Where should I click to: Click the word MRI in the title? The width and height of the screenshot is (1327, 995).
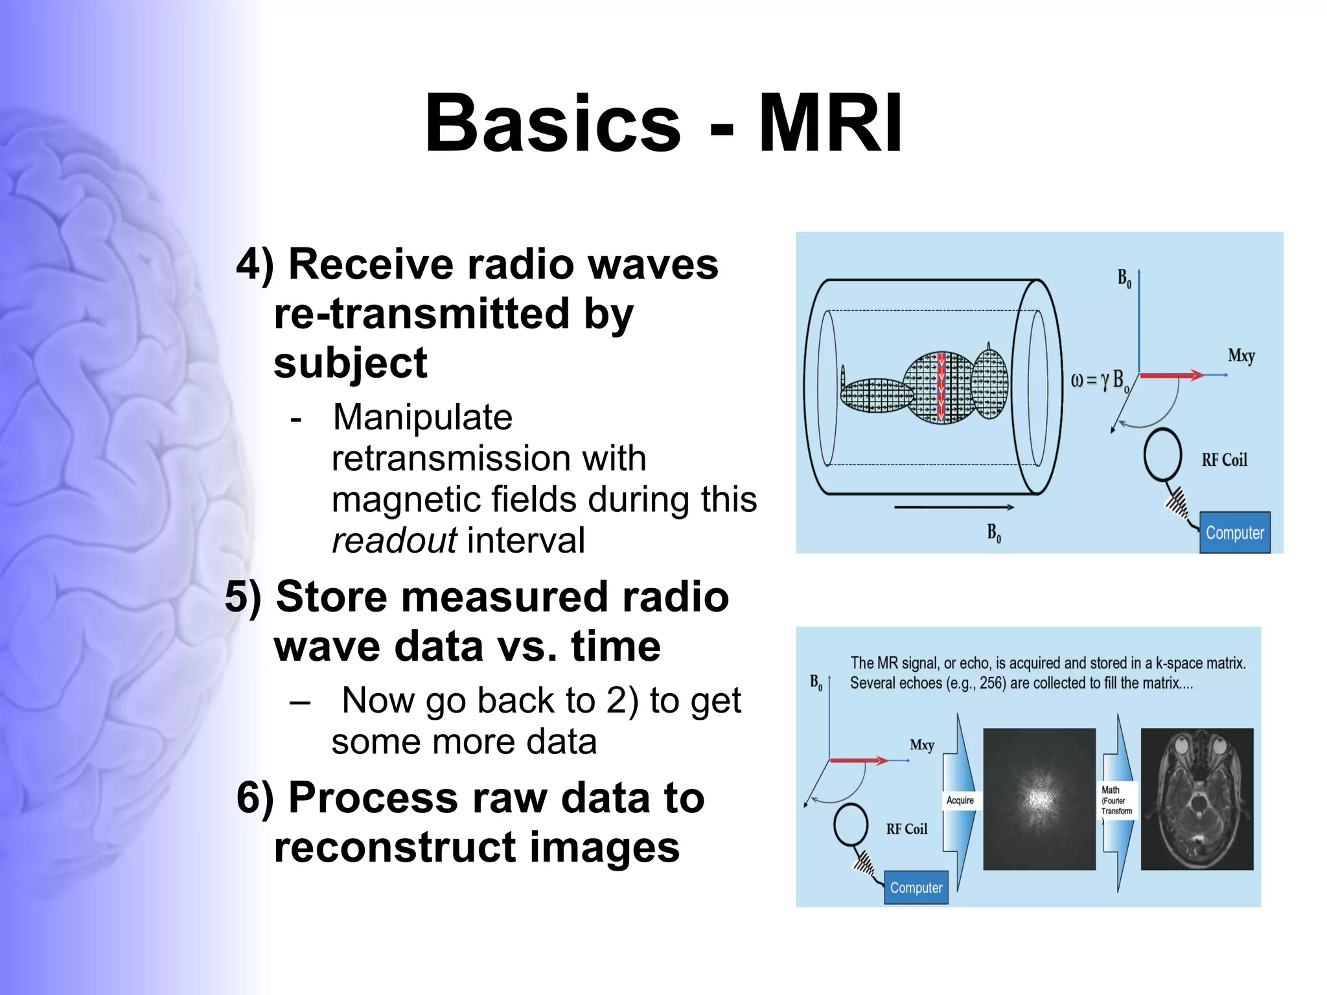click(x=830, y=123)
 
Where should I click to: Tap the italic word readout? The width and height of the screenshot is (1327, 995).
click(x=394, y=540)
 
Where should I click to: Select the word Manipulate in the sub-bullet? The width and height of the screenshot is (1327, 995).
click(x=422, y=417)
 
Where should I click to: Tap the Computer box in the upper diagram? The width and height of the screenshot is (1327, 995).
click(x=1234, y=532)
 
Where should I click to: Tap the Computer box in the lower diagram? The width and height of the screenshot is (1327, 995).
click(x=916, y=887)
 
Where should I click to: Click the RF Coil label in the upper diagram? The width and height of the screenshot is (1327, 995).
click(x=1224, y=460)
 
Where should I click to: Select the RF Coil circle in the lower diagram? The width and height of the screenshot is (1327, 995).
click(x=851, y=825)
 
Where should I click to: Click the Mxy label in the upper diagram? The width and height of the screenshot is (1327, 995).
click(x=1241, y=356)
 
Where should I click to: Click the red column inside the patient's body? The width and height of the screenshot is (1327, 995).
click(x=941, y=387)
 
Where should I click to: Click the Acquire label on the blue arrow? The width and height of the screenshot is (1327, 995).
click(x=960, y=801)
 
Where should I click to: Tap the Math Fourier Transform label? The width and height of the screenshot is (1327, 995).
click(x=1116, y=801)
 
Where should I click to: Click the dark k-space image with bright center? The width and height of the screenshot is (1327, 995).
click(x=1039, y=799)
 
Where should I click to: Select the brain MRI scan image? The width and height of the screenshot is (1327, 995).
click(x=1197, y=799)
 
